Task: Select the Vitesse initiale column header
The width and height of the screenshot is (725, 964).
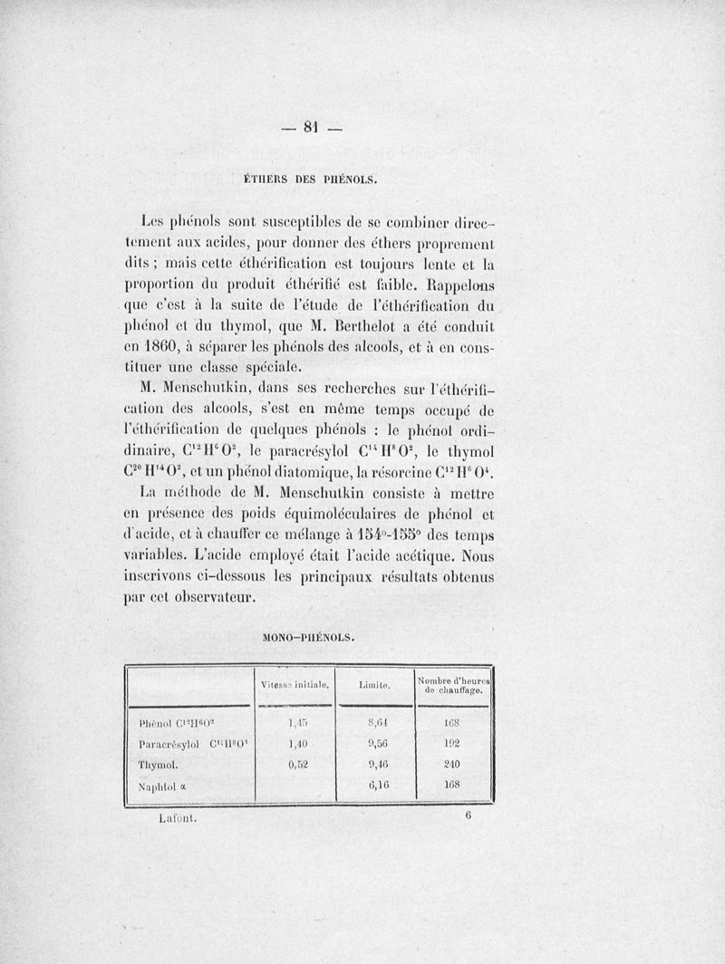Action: click(x=294, y=686)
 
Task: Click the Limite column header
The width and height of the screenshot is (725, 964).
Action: click(x=373, y=687)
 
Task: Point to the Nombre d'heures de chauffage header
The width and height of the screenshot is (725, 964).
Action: click(x=453, y=686)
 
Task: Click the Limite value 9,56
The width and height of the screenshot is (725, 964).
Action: click(x=378, y=743)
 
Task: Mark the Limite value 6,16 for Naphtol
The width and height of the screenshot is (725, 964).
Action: click(x=378, y=785)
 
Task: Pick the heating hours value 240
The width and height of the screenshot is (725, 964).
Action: click(x=452, y=764)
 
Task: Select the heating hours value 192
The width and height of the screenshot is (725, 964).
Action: click(x=452, y=743)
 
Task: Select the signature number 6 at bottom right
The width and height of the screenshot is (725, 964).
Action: click(x=469, y=815)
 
